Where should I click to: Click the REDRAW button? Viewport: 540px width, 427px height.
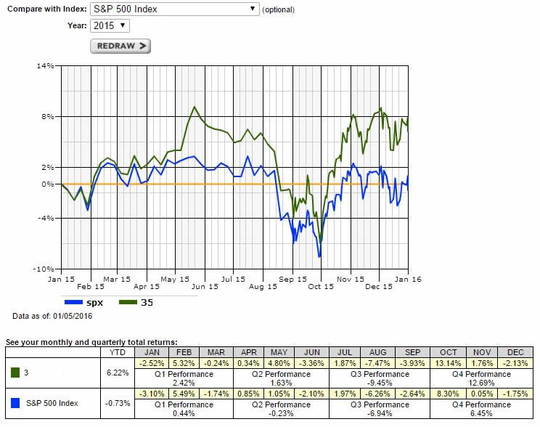point(120,46)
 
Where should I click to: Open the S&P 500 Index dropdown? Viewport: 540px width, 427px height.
point(174,9)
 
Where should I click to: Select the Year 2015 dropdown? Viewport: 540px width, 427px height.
point(110,25)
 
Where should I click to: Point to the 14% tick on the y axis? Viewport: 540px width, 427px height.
point(46,66)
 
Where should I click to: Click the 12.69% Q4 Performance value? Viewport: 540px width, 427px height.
point(463,382)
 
